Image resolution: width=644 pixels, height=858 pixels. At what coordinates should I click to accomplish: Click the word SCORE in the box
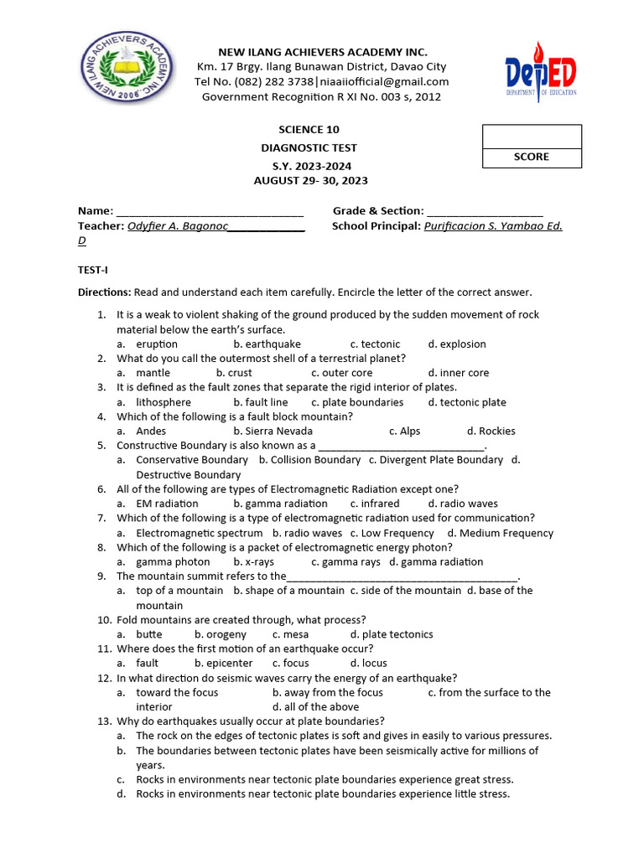click(531, 157)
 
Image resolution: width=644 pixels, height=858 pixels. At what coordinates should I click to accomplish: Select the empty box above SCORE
click(531, 136)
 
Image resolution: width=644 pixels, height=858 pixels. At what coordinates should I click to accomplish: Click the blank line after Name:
click(210, 211)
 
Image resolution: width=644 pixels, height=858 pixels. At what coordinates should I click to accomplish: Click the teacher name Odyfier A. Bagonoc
click(178, 226)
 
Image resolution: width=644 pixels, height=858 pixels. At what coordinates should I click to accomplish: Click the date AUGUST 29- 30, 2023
click(310, 180)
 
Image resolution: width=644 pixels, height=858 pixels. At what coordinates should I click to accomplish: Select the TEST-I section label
click(93, 270)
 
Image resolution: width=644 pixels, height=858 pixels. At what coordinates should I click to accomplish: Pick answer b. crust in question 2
click(234, 373)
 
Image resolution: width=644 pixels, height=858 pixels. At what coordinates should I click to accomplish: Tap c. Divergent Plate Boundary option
click(436, 460)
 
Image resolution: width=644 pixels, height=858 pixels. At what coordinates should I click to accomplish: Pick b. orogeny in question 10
click(221, 634)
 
